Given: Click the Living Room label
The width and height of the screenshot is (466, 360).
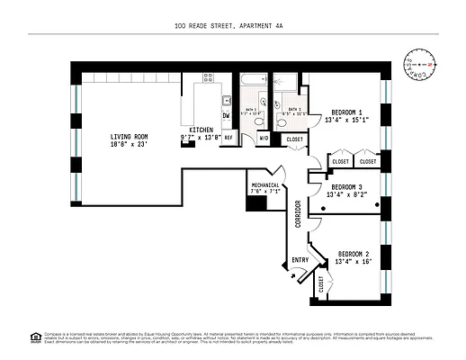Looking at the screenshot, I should coord(129,137).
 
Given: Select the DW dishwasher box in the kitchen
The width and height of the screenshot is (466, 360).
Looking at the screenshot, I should coord(227,116).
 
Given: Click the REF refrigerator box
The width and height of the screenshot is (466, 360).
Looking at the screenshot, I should coord(229,138).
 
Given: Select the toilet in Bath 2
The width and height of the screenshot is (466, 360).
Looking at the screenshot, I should coord(258,119).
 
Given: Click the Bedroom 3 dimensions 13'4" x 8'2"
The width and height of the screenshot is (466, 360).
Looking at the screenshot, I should coord(346,193).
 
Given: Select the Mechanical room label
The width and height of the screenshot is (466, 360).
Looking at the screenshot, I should coord(265,184).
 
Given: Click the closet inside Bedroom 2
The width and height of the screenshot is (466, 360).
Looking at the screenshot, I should coord(321,283).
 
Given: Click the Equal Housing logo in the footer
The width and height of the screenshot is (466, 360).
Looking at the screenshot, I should coord(36,337).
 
